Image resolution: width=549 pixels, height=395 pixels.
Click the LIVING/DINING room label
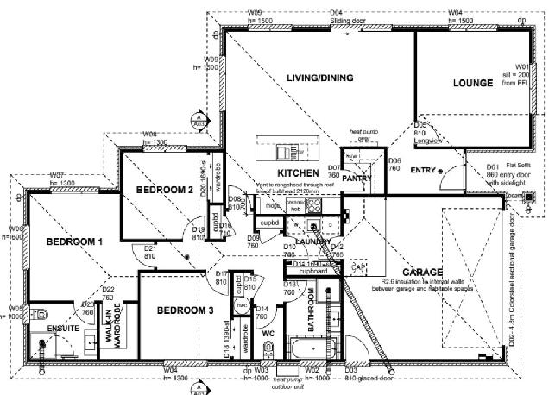pos(320,78)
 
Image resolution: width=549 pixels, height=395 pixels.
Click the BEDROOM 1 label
pos(74,242)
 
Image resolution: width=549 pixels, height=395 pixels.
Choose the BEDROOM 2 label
pos(163,190)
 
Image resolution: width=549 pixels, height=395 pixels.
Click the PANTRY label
pos(356,178)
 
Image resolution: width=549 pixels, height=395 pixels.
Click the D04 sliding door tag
pos(338,12)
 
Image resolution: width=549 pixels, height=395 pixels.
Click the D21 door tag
pos(148,252)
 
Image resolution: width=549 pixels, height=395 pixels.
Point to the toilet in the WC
pos(269,349)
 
